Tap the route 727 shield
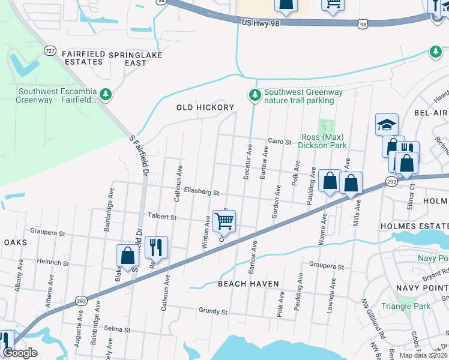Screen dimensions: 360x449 (x=50, y=52)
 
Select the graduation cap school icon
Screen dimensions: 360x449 (x=387, y=125)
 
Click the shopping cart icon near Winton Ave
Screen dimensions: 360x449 (x=224, y=221)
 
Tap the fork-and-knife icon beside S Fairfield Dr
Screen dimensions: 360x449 (x=156, y=246)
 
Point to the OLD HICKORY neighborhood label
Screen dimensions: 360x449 (x=205, y=107)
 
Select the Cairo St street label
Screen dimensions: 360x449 (x=279, y=142)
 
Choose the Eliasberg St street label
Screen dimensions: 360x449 (x=202, y=193)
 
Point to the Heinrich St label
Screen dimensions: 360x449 (x=54, y=262)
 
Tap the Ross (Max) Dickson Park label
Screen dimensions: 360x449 (x=324, y=141)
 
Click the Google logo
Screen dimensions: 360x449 (x=20, y=353)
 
